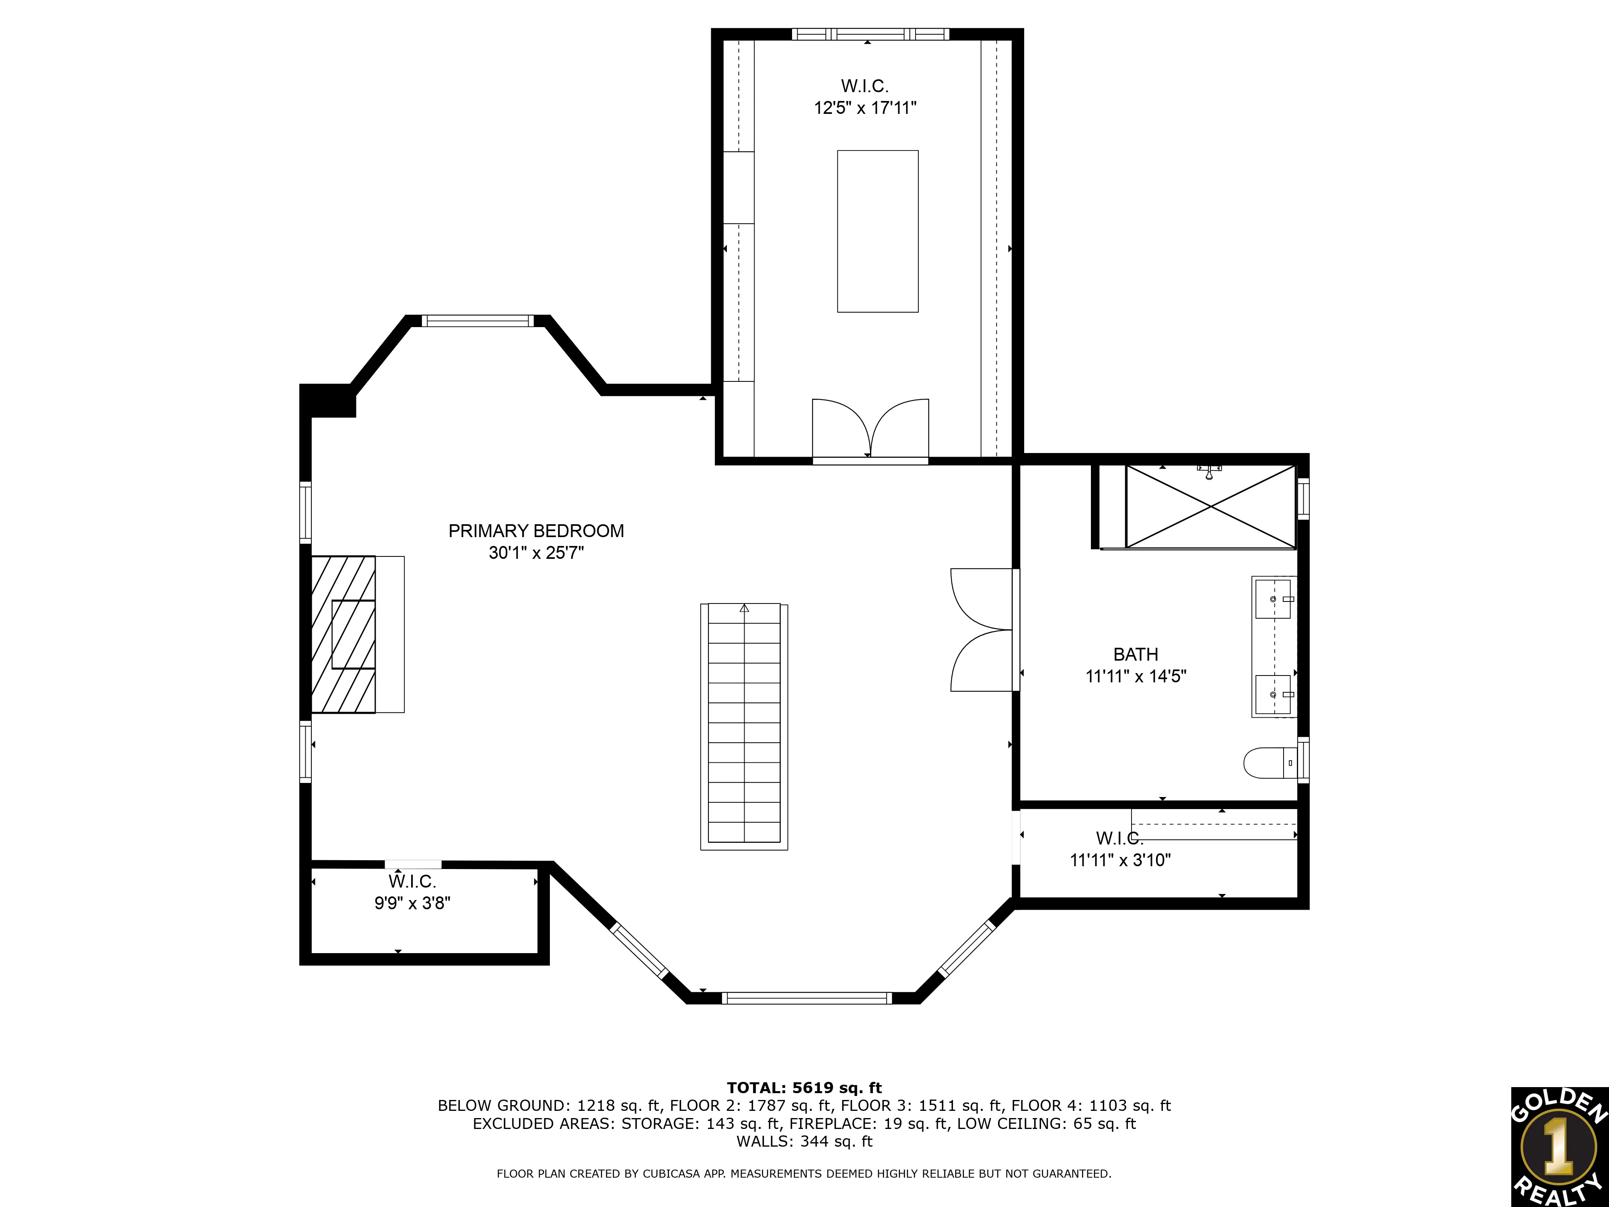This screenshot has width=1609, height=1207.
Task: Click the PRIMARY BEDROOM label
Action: (x=536, y=531)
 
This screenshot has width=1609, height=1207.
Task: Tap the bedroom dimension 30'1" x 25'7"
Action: (x=536, y=553)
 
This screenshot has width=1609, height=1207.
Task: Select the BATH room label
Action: (x=1136, y=654)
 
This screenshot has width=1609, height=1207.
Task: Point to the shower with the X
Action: (x=1210, y=507)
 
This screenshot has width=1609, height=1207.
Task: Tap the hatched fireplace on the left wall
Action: (x=344, y=634)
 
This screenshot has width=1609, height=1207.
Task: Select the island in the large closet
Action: (x=877, y=231)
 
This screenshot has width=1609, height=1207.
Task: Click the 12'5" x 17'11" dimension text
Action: (x=865, y=108)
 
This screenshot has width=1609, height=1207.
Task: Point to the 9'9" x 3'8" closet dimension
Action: (x=412, y=903)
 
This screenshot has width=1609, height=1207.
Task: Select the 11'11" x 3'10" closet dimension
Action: (x=1120, y=860)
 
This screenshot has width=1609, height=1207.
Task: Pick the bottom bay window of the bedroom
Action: (x=807, y=998)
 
